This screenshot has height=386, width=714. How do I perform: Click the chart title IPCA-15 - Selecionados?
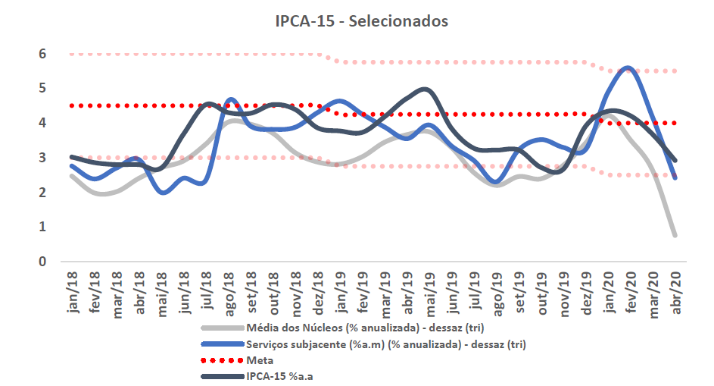pyautogui.click(x=361, y=21)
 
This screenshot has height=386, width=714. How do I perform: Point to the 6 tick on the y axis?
pyautogui.click(x=42, y=54)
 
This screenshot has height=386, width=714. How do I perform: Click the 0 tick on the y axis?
pyautogui.click(x=42, y=262)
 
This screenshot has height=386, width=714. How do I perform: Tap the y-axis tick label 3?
pyautogui.click(x=42, y=158)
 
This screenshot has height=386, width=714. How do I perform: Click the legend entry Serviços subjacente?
pyautogui.click(x=386, y=344)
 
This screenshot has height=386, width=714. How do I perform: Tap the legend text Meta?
pyautogui.click(x=260, y=360)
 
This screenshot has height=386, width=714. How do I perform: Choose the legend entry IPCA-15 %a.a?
pyautogui.click(x=280, y=376)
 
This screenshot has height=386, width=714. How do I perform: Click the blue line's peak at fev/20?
pyautogui.click(x=628, y=68)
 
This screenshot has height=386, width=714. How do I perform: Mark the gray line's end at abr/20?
pyautogui.click(x=674, y=235)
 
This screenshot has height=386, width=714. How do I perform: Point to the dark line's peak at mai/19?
pyautogui.click(x=426, y=89)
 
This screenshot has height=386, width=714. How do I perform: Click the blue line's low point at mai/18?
pyautogui.click(x=162, y=193)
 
